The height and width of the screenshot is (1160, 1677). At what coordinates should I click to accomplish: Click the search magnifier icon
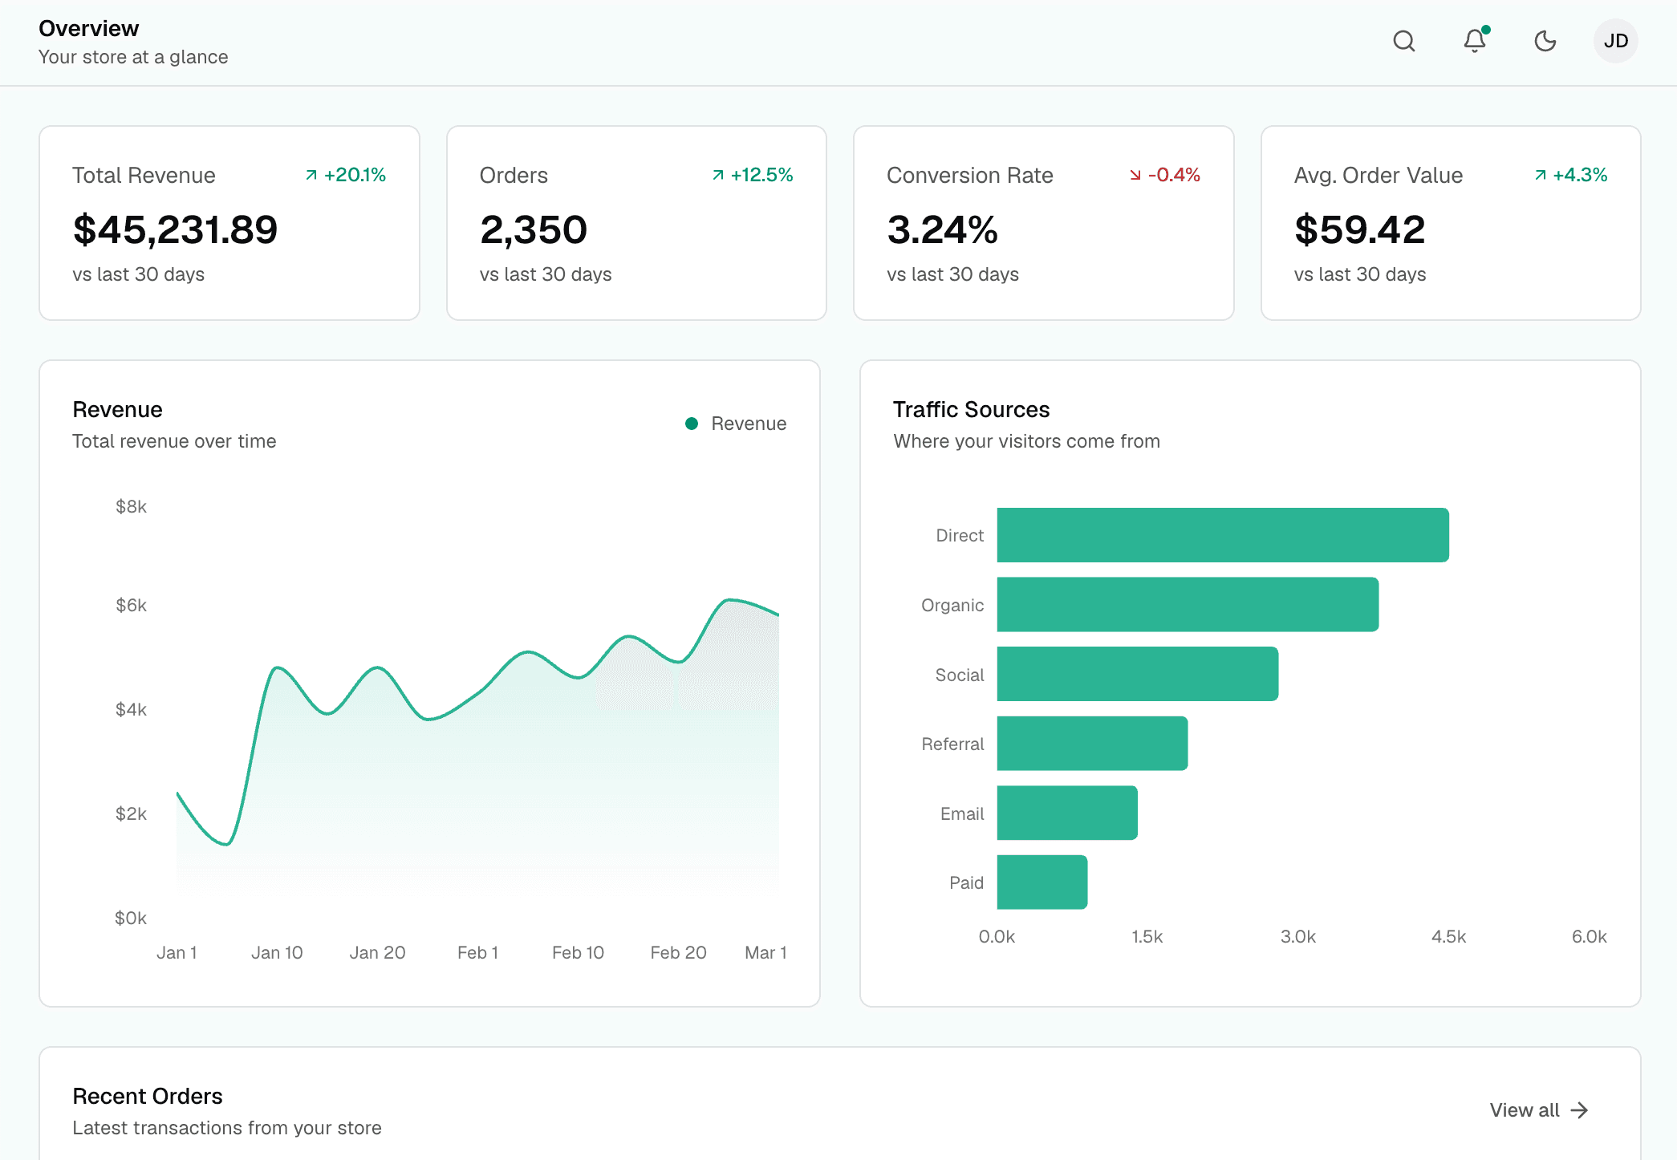(1404, 41)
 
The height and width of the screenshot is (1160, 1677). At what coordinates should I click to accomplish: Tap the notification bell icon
(1475, 41)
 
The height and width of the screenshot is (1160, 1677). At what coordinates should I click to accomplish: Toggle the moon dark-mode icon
(1545, 41)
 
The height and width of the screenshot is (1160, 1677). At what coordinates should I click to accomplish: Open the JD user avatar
(1616, 41)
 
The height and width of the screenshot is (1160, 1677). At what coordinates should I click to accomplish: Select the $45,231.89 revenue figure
(175, 230)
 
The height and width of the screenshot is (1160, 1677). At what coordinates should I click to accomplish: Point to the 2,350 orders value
(534, 230)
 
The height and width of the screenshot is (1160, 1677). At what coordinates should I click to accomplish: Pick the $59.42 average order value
(1360, 230)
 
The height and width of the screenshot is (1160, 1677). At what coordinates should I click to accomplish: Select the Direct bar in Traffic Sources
(1223, 535)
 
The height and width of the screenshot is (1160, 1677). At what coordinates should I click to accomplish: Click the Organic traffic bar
(1188, 605)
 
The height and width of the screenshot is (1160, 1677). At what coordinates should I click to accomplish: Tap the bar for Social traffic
(1138, 674)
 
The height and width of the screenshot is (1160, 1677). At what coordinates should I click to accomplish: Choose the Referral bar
(1093, 744)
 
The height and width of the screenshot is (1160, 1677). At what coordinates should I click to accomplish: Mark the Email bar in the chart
(1067, 813)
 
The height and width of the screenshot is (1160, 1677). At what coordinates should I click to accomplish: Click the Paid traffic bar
(1042, 882)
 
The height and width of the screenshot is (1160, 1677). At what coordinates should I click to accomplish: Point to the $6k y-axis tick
(131, 605)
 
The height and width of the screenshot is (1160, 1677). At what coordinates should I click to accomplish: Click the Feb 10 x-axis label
(578, 952)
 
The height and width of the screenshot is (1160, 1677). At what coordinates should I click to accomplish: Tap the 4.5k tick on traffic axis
(1448, 936)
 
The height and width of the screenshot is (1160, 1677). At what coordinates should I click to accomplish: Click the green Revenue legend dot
(692, 424)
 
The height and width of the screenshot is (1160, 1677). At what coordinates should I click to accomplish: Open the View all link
(1539, 1110)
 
